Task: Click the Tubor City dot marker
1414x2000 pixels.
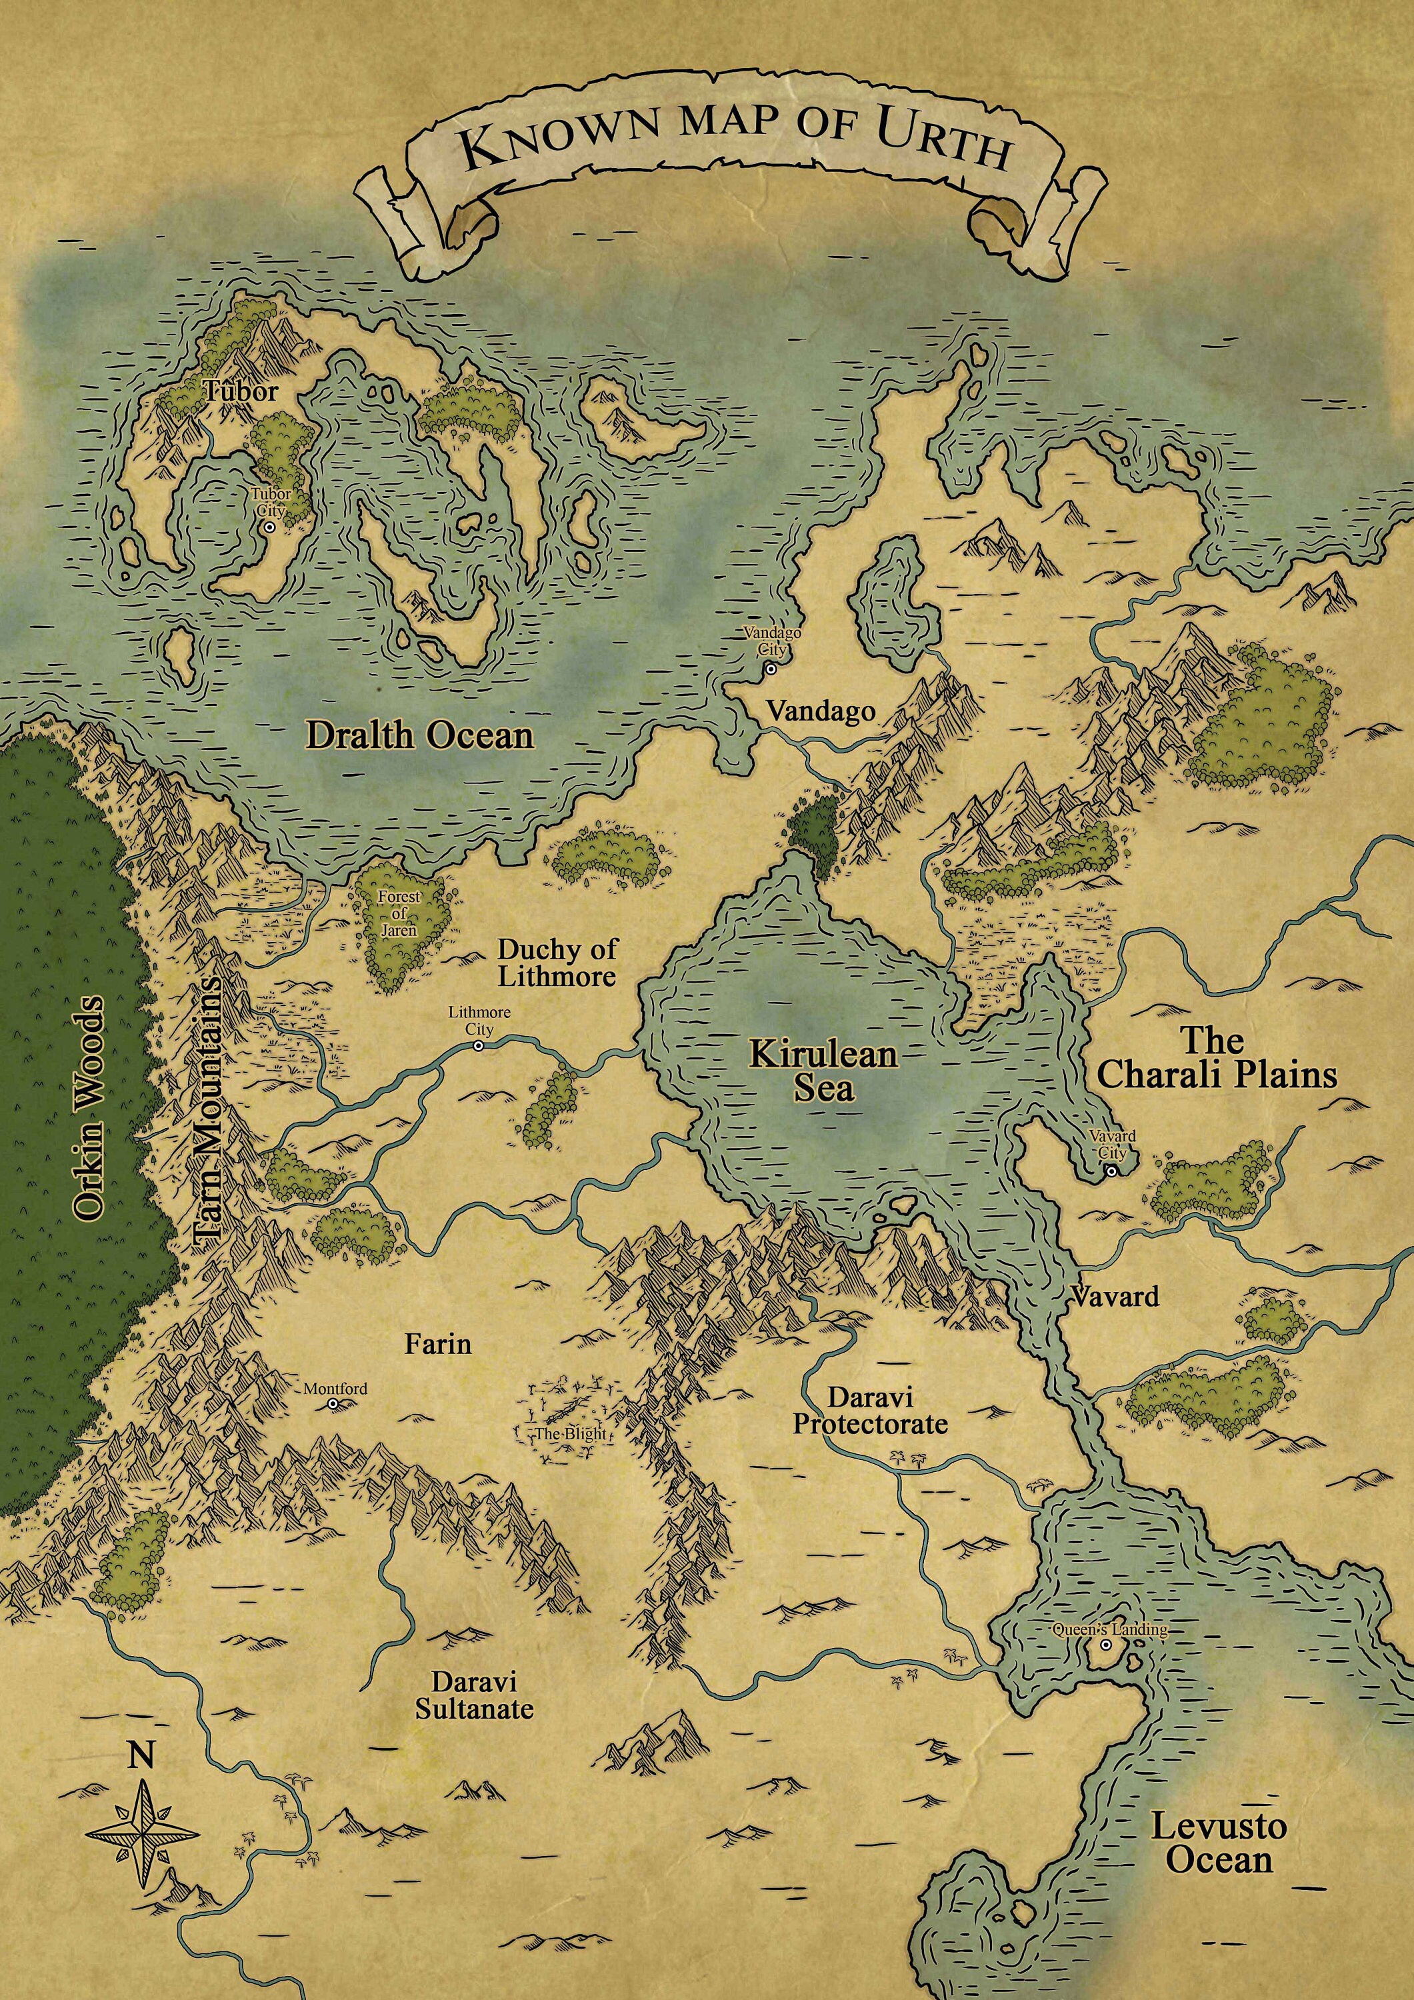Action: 270,527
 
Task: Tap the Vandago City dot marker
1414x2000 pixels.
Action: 770,669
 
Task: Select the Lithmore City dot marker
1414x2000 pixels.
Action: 477,1045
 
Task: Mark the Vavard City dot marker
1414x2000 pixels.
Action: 1111,1171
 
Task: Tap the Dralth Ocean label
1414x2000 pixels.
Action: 419,736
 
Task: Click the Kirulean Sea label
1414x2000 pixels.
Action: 823,1071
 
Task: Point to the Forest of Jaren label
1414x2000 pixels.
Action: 399,913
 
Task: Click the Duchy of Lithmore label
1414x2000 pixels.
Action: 557,963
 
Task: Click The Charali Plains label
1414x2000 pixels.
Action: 1216,1059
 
